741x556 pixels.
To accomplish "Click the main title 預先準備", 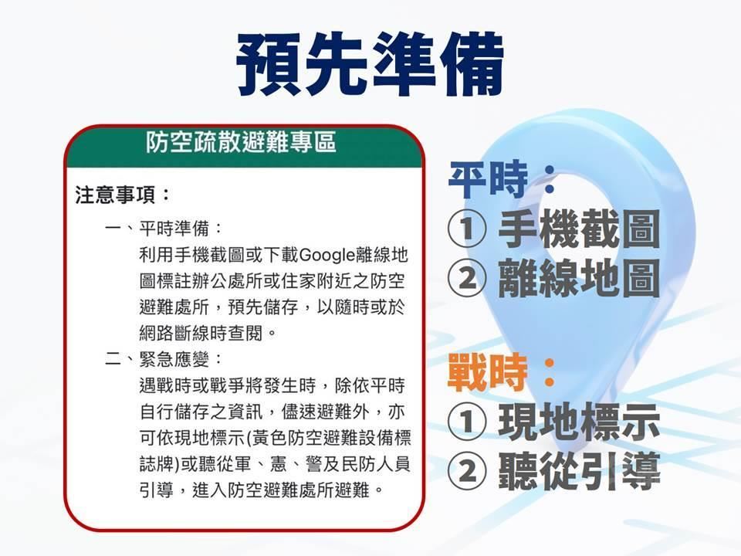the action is [x=370, y=64].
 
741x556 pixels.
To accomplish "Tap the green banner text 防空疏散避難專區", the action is [x=241, y=142].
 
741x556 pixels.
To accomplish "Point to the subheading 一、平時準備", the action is [x=163, y=229].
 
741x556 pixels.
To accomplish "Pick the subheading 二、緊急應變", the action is [x=163, y=360].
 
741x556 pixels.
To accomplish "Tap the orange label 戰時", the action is [x=487, y=372].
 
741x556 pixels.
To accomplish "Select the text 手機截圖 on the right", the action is [x=579, y=229].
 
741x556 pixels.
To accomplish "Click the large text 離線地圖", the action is [x=579, y=277].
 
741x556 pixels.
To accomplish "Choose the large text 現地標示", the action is [x=579, y=422].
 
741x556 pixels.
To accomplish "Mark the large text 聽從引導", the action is [x=579, y=470].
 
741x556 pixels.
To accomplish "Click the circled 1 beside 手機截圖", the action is [x=467, y=229].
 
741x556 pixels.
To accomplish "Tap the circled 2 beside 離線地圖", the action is [x=467, y=278].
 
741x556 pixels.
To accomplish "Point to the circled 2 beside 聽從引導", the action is [x=467, y=471].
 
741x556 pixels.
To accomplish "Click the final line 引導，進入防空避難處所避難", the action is [x=261, y=490].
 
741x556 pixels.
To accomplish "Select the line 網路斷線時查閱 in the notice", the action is [x=208, y=334].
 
